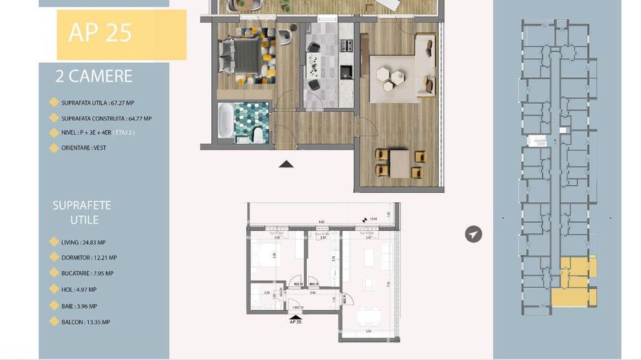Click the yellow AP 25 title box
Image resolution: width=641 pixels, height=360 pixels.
click(x=121, y=34)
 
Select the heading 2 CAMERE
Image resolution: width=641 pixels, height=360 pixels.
click(x=94, y=77)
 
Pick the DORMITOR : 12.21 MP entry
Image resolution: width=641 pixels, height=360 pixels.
click(x=89, y=258)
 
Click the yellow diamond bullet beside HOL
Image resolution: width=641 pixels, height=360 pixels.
click(x=54, y=290)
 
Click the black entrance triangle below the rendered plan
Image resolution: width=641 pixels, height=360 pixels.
click(x=286, y=163)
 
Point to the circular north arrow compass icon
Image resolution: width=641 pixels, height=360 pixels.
click(x=473, y=234)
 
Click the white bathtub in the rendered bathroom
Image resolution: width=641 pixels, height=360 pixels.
click(x=225, y=121)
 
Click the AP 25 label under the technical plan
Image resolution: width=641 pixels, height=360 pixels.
click(x=296, y=321)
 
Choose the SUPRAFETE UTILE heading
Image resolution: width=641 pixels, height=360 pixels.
click(x=82, y=212)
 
